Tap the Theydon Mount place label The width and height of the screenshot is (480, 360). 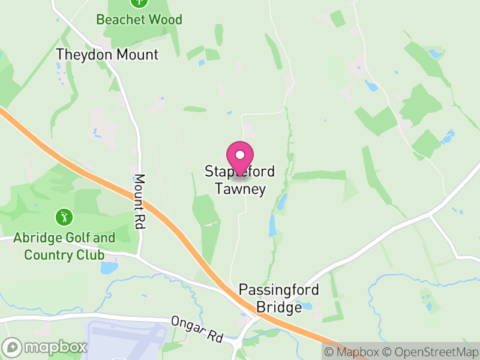(107, 55)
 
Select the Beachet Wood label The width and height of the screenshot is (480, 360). (139, 19)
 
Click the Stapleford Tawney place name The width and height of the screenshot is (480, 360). (240, 181)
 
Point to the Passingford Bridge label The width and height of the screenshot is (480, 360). (279, 298)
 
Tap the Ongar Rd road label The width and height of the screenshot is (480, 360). (196, 329)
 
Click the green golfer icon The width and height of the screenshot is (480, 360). (62, 216)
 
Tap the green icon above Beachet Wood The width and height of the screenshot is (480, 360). (139, 2)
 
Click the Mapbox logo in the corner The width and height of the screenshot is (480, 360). (45, 347)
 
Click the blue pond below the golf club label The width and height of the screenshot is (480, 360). (109, 268)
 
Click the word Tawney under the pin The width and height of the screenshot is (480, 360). (240, 190)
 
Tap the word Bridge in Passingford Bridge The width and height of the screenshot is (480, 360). (279, 307)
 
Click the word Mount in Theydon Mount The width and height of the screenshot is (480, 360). (137, 55)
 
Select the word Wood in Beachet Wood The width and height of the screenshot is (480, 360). (165, 19)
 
